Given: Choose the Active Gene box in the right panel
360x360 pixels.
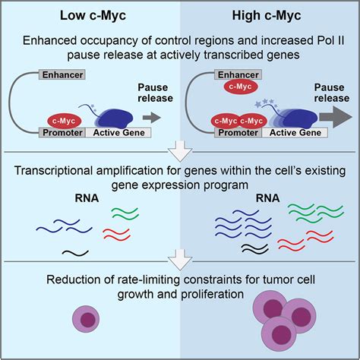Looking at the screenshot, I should point(290,133).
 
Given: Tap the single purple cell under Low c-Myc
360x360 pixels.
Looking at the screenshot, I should point(91,318).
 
